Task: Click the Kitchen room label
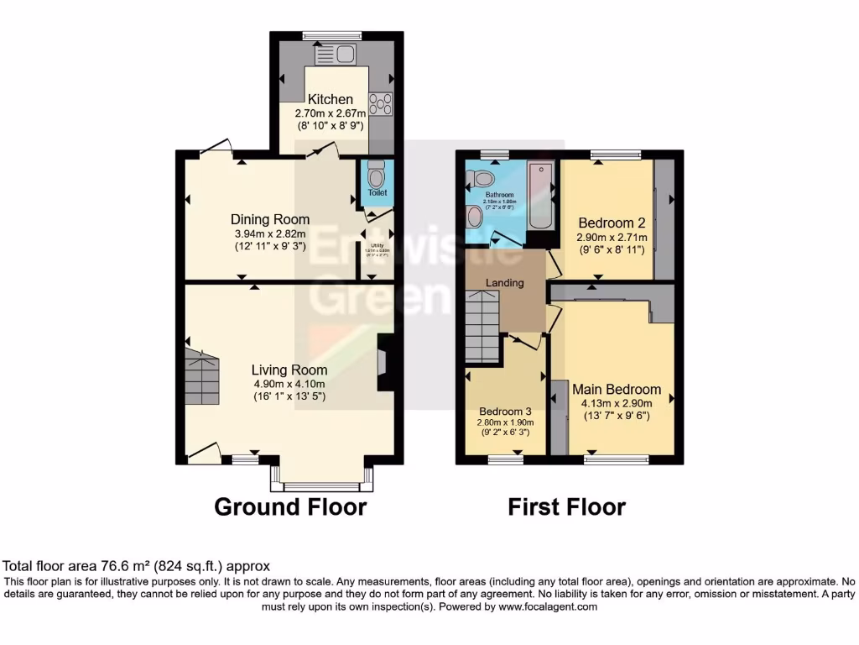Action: coord(330,99)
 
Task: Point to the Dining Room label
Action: coord(270,220)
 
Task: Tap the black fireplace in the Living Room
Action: coord(386,363)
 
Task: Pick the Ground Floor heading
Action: coord(290,507)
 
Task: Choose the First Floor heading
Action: coord(566,507)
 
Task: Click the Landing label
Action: coord(505,283)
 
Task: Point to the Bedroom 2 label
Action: coord(612,223)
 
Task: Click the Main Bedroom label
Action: coord(617,390)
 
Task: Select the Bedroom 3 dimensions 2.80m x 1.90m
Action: coord(505,422)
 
